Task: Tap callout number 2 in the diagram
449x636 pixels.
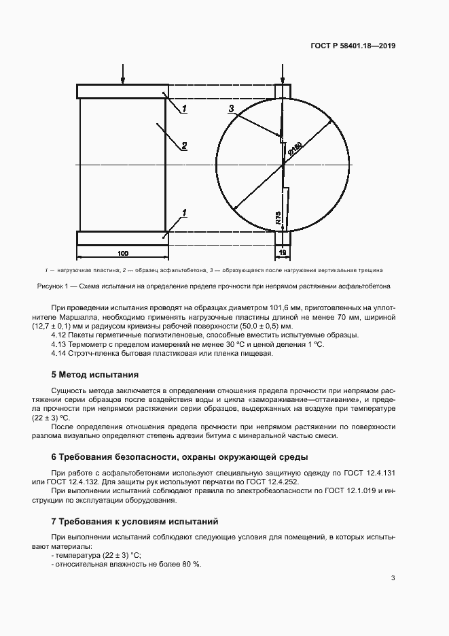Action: point(184,146)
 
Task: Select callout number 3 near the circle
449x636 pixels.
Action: point(231,109)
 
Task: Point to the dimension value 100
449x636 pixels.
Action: point(123,253)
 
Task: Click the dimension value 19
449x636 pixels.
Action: point(283,253)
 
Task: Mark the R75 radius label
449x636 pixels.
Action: point(279,217)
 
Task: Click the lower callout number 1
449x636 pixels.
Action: point(184,214)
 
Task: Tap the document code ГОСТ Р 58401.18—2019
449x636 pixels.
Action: point(353,46)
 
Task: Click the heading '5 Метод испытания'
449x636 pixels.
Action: point(95,375)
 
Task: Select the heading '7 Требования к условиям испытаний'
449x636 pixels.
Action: point(134,522)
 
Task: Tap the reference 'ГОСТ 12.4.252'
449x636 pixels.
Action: point(281,481)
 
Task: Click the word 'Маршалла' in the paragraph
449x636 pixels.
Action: point(76,316)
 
